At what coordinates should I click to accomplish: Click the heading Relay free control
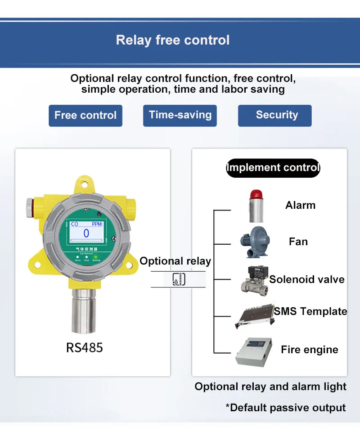click(173, 40)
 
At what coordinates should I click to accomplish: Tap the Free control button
click(85, 116)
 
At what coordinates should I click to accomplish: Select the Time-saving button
click(180, 115)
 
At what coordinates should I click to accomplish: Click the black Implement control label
click(273, 168)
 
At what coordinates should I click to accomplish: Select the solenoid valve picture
click(255, 279)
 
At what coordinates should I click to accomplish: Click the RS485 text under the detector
click(85, 348)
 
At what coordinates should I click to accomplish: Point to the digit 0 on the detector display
click(86, 233)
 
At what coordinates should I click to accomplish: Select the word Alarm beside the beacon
click(300, 206)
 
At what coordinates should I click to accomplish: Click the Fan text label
click(298, 242)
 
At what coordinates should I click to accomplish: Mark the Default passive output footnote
click(286, 408)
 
